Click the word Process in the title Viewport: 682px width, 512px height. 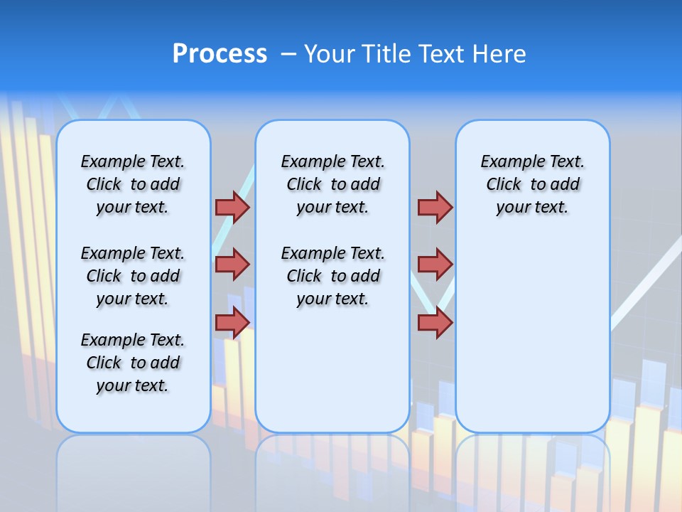pyautogui.click(x=220, y=54)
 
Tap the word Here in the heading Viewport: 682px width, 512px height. pyautogui.click(x=500, y=54)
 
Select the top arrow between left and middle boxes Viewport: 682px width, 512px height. pyautogui.click(x=232, y=207)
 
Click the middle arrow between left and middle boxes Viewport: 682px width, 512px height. pyautogui.click(x=232, y=265)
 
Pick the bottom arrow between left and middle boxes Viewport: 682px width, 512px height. pyautogui.click(x=232, y=322)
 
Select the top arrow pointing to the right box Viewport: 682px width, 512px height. pyautogui.click(x=435, y=207)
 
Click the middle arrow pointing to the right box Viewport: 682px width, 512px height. pyautogui.click(x=435, y=265)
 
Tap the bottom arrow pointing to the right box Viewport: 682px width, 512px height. pyautogui.click(x=435, y=322)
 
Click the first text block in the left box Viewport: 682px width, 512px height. pyautogui.click(x=133, y=184)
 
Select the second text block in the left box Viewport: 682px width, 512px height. pyautogui.click(x=133, y=276)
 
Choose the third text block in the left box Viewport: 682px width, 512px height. pyautogui.click(x=133, y=363)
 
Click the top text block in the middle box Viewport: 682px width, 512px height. pyautogui.click(x=332, y=184)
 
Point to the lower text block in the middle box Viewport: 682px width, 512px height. pyautogui.click(x=332, y=276)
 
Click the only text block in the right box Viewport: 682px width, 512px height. pyautogui.click(x=532, y=184)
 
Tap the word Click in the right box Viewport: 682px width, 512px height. pyautogui.click(x=504, y=185)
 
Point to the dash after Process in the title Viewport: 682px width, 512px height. pyautogui.click(x=288, y=55)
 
